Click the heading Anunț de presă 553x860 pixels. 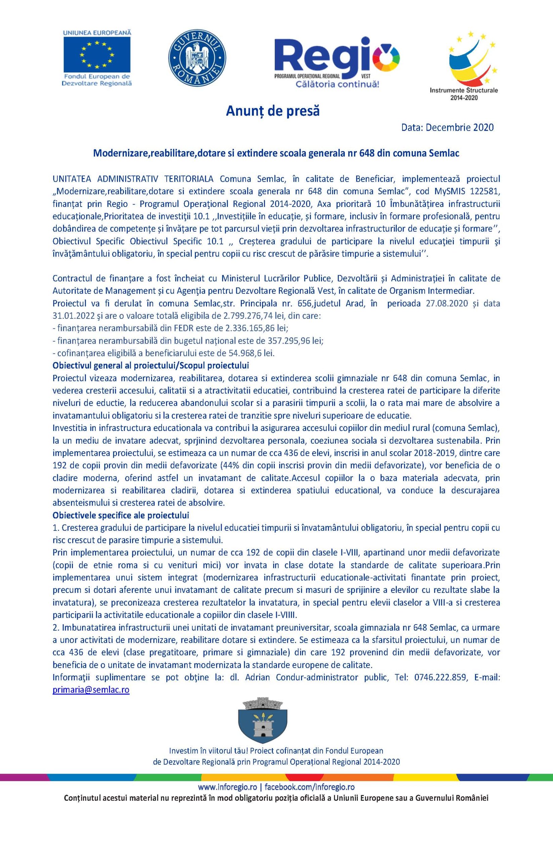[x=272, y=112]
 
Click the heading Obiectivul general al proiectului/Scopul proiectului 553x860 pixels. [x=151, y=365]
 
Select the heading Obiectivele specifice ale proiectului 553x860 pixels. [x=121, y=515]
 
